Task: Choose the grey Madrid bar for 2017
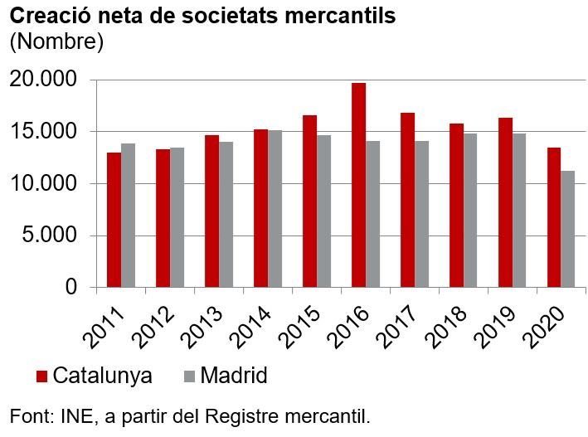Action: [421, 214]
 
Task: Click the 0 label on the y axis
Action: [71, 288]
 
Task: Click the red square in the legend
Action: [41, 376]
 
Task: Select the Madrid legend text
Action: [233, 376]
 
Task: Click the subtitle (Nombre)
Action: [56, 41]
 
